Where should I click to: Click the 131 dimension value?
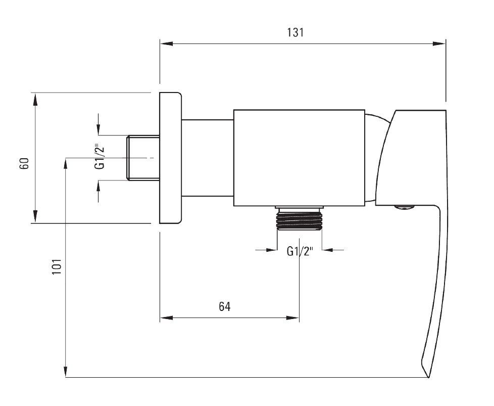click(295, 32)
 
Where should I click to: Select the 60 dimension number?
click(24, 163)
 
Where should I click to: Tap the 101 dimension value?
click(57, 266)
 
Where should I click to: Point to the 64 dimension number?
click(225, 306)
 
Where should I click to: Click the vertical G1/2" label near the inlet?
click(100, 157)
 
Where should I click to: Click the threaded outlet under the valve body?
click(300, 218)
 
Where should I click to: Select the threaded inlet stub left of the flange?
click(143, 158)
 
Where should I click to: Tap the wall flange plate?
click(170, 158)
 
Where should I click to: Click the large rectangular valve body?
click(299, 158)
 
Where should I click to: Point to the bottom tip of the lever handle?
click(428, 377)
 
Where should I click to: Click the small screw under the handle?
click(404, 207)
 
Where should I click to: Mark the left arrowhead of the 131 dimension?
click(166, 43)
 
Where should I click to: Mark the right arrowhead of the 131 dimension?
click(439, 43)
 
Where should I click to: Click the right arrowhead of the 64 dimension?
click(292, 318)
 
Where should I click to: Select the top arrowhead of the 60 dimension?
click(35, 100)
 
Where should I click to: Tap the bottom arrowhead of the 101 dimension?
click(66, 371)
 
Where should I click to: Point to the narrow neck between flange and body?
click(208, 158)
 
